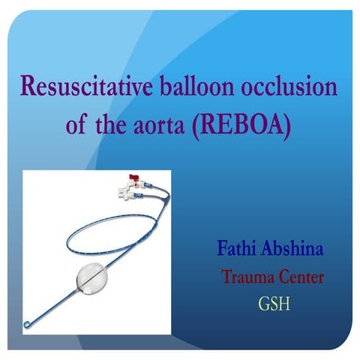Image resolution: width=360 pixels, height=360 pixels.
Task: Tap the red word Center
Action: [300, 277]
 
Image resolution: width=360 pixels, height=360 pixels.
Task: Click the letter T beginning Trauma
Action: [226, 277]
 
